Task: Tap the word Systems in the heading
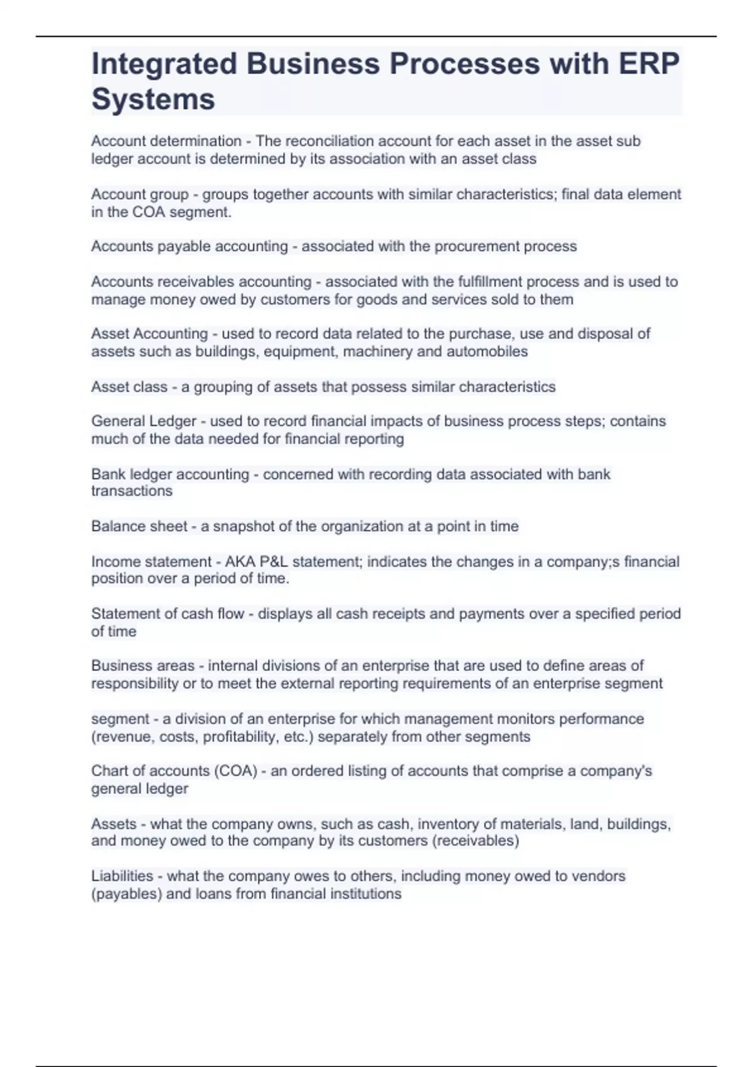tap(153, 99)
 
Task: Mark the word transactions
tap(132, 491)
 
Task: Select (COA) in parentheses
tap(236, 771)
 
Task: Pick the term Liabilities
tap(122, 876)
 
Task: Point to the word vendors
tap(602, 876)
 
